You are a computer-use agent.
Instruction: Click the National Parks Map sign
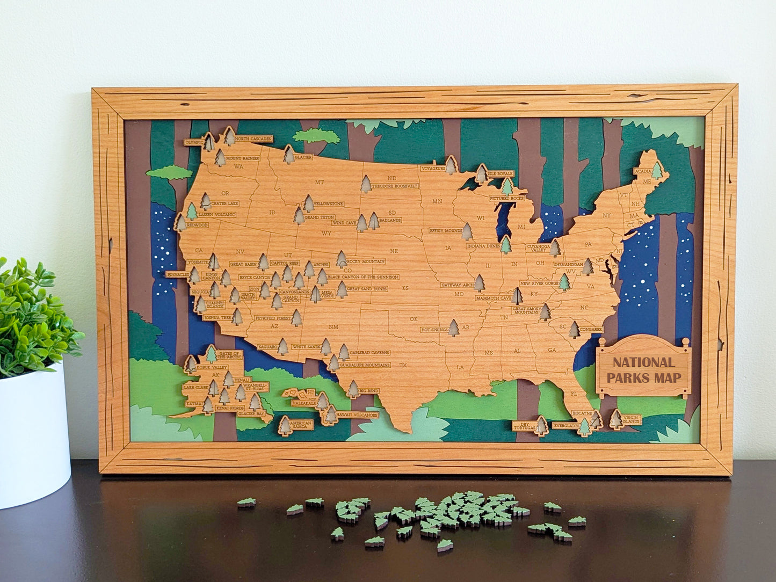pos(644,370)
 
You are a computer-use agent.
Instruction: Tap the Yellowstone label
pos(328,204)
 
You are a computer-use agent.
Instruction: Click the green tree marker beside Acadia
pos(656,171)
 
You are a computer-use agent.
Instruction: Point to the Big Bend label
pos(369,391)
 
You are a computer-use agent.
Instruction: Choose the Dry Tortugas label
pos(524,426)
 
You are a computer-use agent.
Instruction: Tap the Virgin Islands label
pos(631,420)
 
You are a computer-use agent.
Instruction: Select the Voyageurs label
pos(433,168)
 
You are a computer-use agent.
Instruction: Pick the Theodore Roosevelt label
pos(395,186)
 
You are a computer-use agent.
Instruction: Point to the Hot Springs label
pos(434,330)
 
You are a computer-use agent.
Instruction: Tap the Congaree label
pos(591,330)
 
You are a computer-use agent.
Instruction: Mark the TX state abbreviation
pos(403,365)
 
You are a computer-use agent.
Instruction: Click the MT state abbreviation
pos(320,182)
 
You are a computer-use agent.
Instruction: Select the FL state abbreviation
pos(573,394)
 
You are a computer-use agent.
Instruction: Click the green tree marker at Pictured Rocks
pos(507,187)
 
